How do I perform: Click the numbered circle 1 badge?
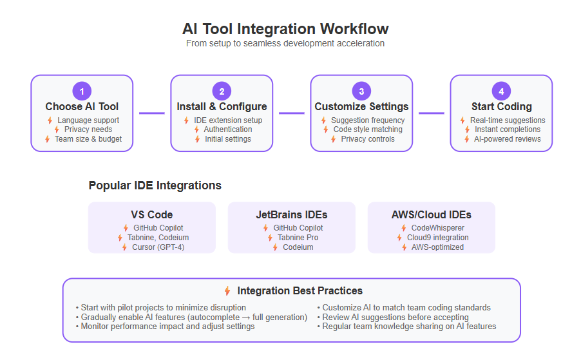[x=82, y=91]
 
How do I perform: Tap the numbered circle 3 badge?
[x=361, y=91]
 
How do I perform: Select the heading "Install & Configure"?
[x=222, y=107]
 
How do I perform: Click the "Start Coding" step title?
[x=501, y=107]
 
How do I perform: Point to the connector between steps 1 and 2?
[x=152, y=113]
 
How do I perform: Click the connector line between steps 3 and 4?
[x=432, y=113]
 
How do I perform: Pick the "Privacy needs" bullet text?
[x=88, y=129]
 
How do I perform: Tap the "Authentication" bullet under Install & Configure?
[x=228, y=129]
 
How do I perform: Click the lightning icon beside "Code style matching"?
[x=326, y=129]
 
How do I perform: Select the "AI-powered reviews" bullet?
[x=508, y=139]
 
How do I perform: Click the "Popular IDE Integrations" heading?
[x=155, y=185]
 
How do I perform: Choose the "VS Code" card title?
[x=152, y=215]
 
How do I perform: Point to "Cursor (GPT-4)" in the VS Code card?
[x=158, y=247]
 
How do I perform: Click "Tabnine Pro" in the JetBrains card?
[x=298, y=238]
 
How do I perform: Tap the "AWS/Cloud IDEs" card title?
[x=432, y=215]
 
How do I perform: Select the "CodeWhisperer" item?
[x=437, y=228]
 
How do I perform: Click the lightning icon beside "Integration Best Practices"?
[x=227, y=290]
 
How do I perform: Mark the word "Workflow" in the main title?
[x=354, y=29]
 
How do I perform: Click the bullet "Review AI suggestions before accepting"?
[x=395, y=317]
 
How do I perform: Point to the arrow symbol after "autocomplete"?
[x=246, y=317]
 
